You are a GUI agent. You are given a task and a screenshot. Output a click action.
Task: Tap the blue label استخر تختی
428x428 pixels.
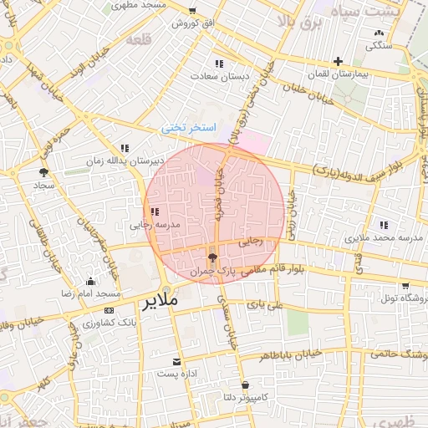tap(189, 128)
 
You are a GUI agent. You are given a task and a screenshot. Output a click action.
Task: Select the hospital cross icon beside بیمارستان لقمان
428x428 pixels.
tap(338, 61)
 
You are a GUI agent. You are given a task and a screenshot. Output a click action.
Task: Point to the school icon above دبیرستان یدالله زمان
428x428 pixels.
tap(125, 147)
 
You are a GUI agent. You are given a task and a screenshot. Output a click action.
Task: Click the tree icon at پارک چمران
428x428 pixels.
tap(212, 257)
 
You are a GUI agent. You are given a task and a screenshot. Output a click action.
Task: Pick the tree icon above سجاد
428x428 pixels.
tap(43, 171)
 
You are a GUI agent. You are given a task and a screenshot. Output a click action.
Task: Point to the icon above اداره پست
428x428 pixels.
tap(176, 362)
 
